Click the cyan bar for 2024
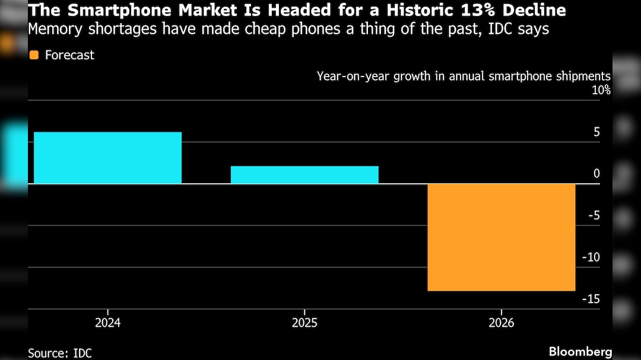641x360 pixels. pyautogui.click(x=107, y=158)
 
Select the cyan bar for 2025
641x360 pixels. pyautogui.click(x=304, y=175)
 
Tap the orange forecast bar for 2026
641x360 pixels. pyautogui.click(x=502, y=237)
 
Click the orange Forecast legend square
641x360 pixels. pyautogui.click(x=34, y=55)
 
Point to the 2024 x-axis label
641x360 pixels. pyautogui.click(x=107, y=323)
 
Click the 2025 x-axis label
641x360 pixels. pyautogui.click(x=304, y=323)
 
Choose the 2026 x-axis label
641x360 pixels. pyautogui.click(x=502, y=323)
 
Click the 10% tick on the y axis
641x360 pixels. pyautogui.click(x=600, y=90)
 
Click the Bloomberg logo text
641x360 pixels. pyautogui.click(x=580, y=351)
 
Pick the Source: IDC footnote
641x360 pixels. pyautogui.click(x=60, y=353)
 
